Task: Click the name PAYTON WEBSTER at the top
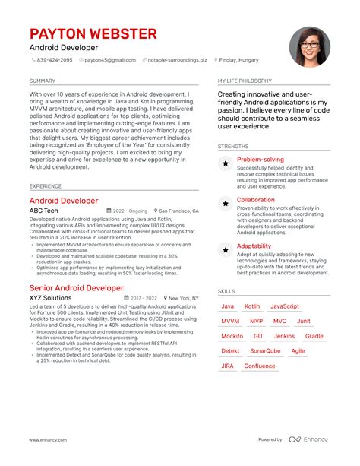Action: (93, 34)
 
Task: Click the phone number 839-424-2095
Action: (55, 60)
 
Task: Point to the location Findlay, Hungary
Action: (239, 60)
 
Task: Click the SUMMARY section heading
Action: (42, 81)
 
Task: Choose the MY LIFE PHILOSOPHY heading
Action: (245, 81)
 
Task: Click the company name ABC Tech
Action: (43, 211)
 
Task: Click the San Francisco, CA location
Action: (178, 211)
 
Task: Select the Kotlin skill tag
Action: (251, 306)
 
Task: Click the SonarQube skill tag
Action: (265, 351)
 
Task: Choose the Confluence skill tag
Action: (260, 366)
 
